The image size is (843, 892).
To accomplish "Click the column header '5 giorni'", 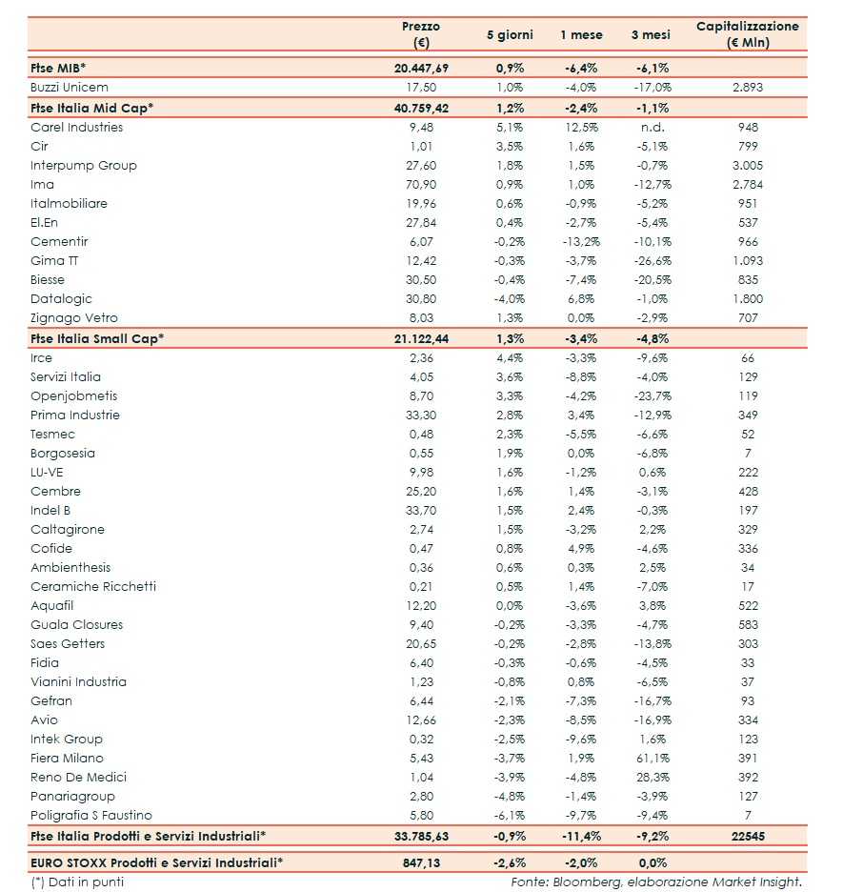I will [x=510, y=34].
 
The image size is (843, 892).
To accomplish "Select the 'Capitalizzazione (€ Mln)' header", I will [x=748, y=34].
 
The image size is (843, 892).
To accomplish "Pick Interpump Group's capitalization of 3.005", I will [x=748, y=166].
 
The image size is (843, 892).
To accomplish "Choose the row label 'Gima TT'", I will [x=48, y=261].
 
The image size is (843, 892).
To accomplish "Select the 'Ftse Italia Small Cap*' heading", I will [x=97, y=338].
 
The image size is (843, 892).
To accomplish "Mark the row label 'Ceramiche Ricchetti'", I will [x=93, y=587].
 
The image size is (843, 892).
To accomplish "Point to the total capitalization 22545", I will [x=748, y=836].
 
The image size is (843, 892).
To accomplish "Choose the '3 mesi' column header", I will [x=651, y=34].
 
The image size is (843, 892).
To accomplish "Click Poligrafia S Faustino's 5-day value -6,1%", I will [x=510, y=816].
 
